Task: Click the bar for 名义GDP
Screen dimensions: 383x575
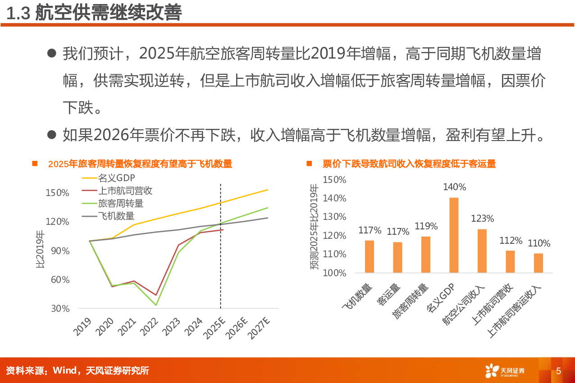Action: tap(454, 235)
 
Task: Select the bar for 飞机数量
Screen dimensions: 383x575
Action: tap(370, 256)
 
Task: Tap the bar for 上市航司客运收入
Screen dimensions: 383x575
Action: tap(538, 263)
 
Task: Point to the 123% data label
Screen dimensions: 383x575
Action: tap(482, 219)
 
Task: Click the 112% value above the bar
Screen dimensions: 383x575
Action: tap(511, 241)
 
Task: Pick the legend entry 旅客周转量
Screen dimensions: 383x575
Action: tap(120, 204)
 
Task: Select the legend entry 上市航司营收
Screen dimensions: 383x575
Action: tap(125, 191)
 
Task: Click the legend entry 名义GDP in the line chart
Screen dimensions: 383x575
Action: tap(116, 178)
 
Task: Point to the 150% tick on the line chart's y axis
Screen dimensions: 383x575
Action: tap(57, 193)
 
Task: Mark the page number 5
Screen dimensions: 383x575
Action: tap(558, 371)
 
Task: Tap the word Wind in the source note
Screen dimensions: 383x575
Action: tap(65, 371)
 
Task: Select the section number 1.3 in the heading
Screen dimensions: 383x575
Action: tap(18, 14)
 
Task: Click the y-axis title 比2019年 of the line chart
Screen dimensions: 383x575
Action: tap(41, 251)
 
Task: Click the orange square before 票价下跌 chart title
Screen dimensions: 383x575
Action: tap(309, 164)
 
